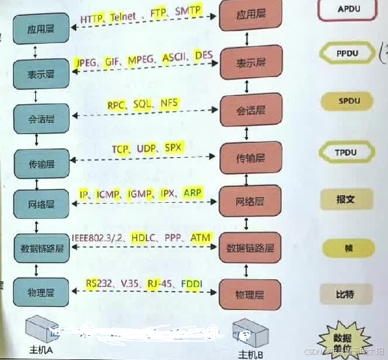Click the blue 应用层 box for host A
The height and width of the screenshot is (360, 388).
coord(40,29)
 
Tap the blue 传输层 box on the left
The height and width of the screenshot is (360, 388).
coord(40,161)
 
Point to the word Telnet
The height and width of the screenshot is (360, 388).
coord(122,18)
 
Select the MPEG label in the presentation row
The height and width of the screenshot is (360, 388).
coord(141,59)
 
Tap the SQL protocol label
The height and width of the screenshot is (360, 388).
coord(142,104)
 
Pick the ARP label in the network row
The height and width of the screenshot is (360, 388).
coord(192,192)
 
